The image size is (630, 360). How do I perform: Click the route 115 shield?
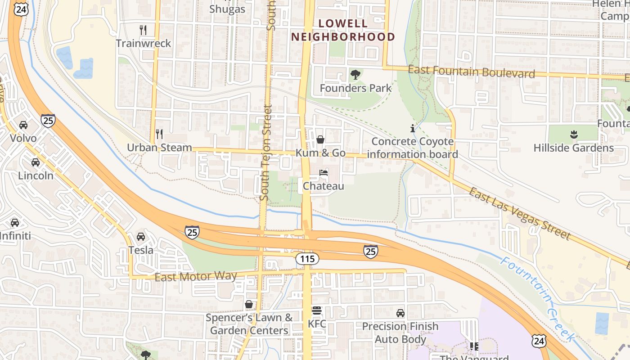click(x=307, y=259)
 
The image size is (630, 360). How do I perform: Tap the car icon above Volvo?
click(x=23, y=125)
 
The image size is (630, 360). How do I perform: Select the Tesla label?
click(x=141, y=250)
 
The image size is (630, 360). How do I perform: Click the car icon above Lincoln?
click(x=36, y=162)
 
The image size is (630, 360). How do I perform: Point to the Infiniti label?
click(x=15, y=235)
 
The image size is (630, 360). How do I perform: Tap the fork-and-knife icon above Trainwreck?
click(x=143, y=30)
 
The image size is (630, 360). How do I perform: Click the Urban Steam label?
click(x=159, y=148)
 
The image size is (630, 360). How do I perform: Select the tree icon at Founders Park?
click(x=355, y=75)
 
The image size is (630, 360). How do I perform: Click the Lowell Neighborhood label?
click(x=343, y=30)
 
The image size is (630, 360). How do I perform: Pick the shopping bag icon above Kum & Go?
click(x=320, y=139)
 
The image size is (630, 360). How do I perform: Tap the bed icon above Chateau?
click(x=324, y=173)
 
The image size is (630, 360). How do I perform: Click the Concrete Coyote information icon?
click(x=413, y=128)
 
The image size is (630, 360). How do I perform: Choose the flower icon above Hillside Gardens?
click(x=573, y=134)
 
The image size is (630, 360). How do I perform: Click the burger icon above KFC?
click(x=317, y=310)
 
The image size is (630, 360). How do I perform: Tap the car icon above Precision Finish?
click(x=400, y=313)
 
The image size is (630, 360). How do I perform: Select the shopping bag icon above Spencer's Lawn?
click(x=249, y=305)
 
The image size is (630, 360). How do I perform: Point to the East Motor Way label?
click(x=196, y=276)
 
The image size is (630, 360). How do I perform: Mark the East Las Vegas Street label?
click(x=520, y=214)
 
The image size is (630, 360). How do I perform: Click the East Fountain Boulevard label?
click(x=471, y=72)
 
